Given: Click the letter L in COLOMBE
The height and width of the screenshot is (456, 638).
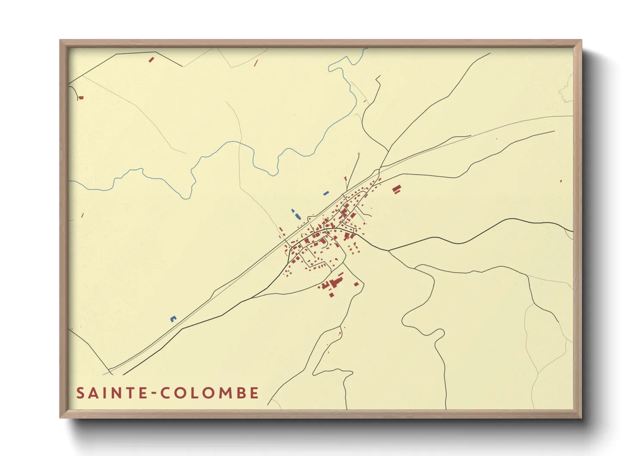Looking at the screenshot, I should coord(194,393).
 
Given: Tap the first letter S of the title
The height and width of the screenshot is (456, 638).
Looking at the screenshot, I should coord(80,393).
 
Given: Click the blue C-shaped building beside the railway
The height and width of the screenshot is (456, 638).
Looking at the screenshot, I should coord(173,319).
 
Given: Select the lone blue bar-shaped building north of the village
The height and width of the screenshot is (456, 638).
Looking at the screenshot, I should coord(326,193).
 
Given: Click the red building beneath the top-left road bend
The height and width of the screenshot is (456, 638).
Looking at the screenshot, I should coord(151,59).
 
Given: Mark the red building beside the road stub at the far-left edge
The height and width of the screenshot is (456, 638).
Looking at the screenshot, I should coord(81,98).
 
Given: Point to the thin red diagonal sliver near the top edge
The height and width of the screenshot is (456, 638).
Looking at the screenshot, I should coord(256,63).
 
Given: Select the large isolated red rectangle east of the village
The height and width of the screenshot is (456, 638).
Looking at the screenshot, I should coord(397,189).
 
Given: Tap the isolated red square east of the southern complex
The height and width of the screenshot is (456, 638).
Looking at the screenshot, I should coord(357,284).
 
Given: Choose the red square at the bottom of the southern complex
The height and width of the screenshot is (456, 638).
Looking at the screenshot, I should coord(332,295).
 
